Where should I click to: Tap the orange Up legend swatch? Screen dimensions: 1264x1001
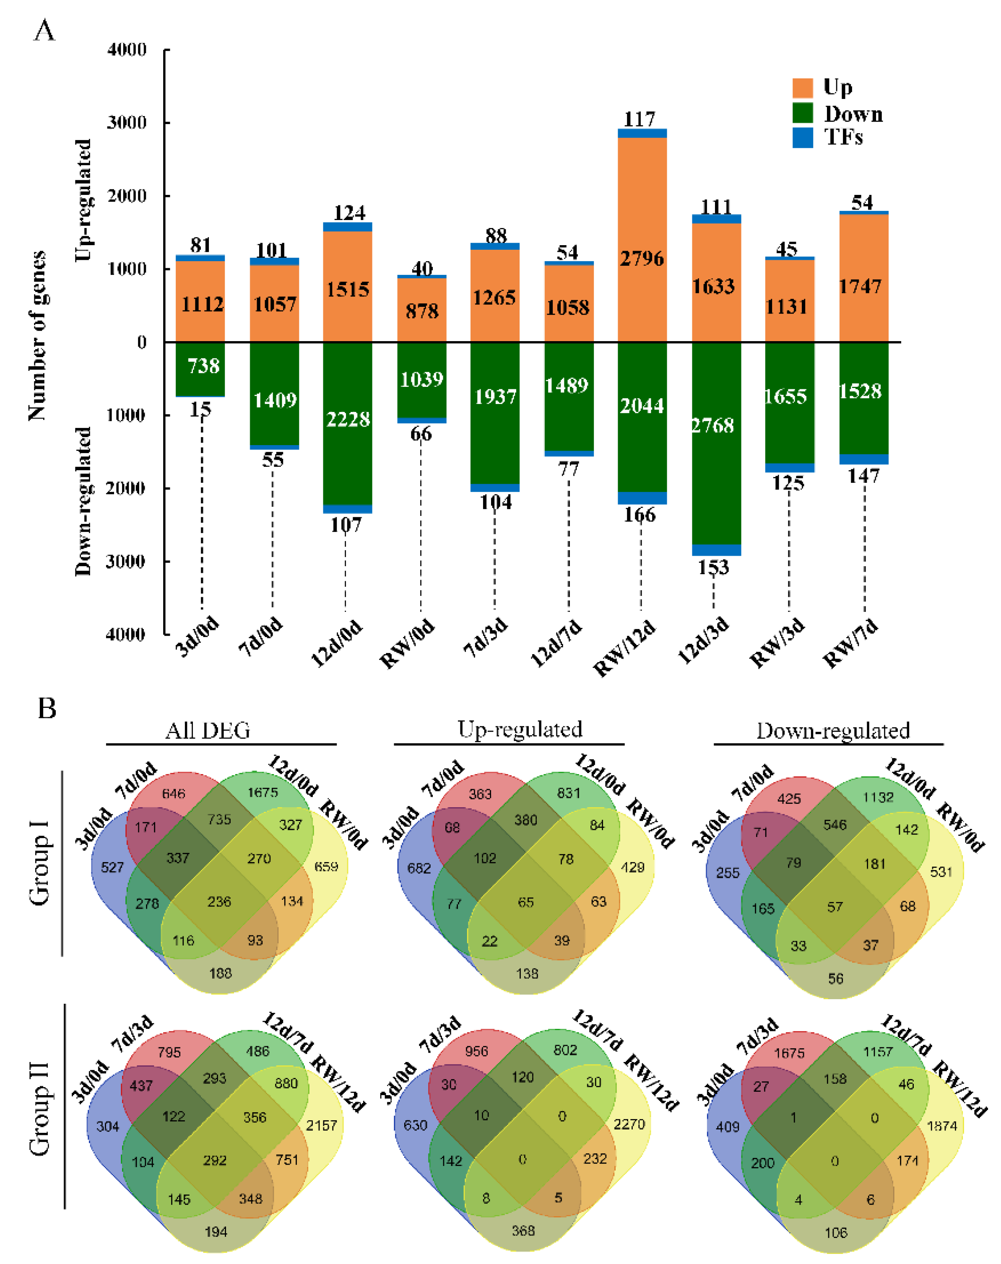802,88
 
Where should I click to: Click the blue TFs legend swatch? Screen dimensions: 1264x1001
802,137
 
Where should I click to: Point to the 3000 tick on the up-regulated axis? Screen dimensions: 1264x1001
127,122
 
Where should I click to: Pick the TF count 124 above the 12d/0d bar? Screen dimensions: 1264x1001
349,212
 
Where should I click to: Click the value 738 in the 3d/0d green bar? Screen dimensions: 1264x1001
203,366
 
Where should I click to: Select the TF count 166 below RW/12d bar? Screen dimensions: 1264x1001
640,515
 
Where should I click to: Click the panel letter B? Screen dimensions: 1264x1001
47,708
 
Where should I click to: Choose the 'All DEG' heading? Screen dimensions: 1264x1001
208,730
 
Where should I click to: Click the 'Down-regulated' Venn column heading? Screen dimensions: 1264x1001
833,730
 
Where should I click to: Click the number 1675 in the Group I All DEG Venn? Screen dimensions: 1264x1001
262,793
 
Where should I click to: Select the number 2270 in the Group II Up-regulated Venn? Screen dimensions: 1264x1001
629,1124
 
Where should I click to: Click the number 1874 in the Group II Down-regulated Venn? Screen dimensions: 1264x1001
942,1125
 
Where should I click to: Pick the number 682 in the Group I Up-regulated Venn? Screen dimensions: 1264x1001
419,868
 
